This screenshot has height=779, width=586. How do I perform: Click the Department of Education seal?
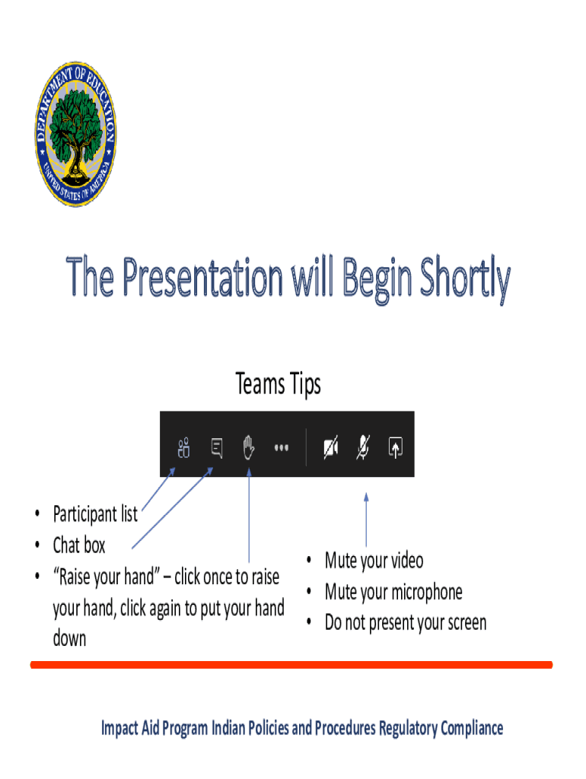tap(75, 134)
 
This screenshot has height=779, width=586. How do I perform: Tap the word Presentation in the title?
tap(202, 277)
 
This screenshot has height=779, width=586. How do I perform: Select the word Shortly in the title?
tap(465, 278)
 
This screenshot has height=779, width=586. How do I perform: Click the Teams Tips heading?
tap(279, 384)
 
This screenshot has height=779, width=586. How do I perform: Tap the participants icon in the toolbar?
tap(183, 447)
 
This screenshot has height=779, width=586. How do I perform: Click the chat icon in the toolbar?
tap(217, 447)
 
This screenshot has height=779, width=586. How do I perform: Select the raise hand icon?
tap(249, 447)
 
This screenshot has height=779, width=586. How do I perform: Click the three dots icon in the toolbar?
tap(282, 447)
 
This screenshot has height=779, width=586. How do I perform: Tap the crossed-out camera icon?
tap(331, 447)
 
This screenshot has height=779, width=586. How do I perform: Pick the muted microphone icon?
tap(363, 447)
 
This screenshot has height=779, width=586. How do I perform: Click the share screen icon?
tap(396, 447)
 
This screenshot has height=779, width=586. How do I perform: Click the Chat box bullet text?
tap(79, 545)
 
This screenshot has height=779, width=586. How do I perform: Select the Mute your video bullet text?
tap(374, 561)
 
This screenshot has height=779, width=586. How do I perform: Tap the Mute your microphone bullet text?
tap(393, 592)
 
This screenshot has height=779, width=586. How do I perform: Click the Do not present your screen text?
tap(406, 623)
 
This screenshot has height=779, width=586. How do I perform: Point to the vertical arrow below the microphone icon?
tap(366, 520)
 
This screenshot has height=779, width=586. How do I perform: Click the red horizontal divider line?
tap(291, 665)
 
